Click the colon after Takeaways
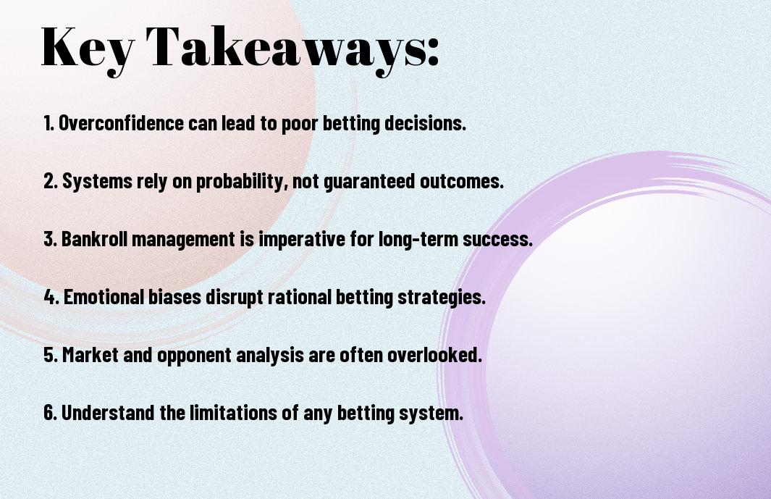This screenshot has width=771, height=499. coord(433,51)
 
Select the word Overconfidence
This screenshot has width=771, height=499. coord(121,123)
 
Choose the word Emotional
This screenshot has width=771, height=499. coord(104,297)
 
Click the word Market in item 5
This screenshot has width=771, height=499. coord(90,354)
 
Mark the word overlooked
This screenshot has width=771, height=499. coord(434,354)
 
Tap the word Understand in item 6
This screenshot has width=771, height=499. coord(108,412)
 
